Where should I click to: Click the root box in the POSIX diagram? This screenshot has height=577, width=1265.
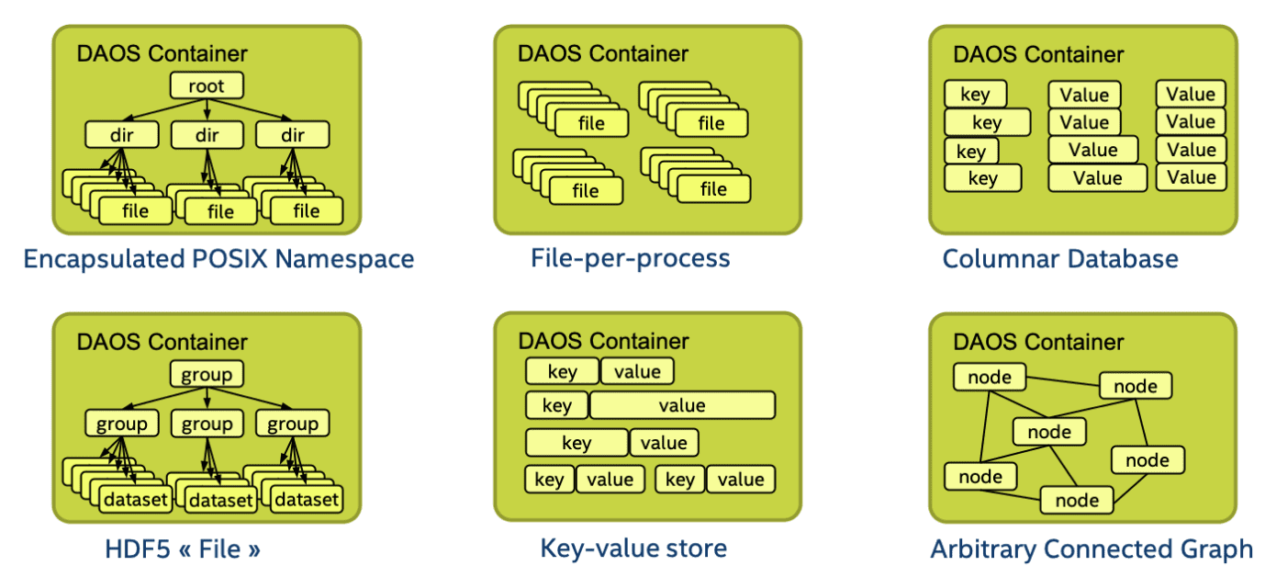point(207,86)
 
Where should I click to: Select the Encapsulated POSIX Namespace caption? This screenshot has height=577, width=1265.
point(218,259)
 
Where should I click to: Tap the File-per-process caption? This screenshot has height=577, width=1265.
point(631,258)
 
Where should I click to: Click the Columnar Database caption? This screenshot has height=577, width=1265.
point(1060,259)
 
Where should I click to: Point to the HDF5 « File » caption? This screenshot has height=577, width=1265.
point(183,549)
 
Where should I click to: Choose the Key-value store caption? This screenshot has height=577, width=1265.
point(633,549)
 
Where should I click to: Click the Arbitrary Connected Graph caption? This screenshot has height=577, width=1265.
point(1091,549)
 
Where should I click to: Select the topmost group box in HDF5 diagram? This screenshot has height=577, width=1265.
point(207,374)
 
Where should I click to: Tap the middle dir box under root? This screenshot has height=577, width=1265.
point(207,135)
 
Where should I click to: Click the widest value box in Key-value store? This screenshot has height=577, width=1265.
point(682,405)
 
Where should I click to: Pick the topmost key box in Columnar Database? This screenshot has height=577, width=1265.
point(975,94)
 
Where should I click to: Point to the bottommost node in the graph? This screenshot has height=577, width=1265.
point(1077,500)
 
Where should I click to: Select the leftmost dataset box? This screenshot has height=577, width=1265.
point(135,500)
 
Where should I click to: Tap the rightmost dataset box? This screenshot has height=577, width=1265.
point(307,500)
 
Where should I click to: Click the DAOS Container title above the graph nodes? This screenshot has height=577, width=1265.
point(1038,342)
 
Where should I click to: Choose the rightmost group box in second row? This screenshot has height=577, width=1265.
point(292,424)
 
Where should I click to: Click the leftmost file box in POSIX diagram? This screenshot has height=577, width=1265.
point(135,211)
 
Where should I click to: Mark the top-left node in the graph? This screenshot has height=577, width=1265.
point(990,377)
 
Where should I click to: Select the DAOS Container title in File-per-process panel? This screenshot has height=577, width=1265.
point(602,53)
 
